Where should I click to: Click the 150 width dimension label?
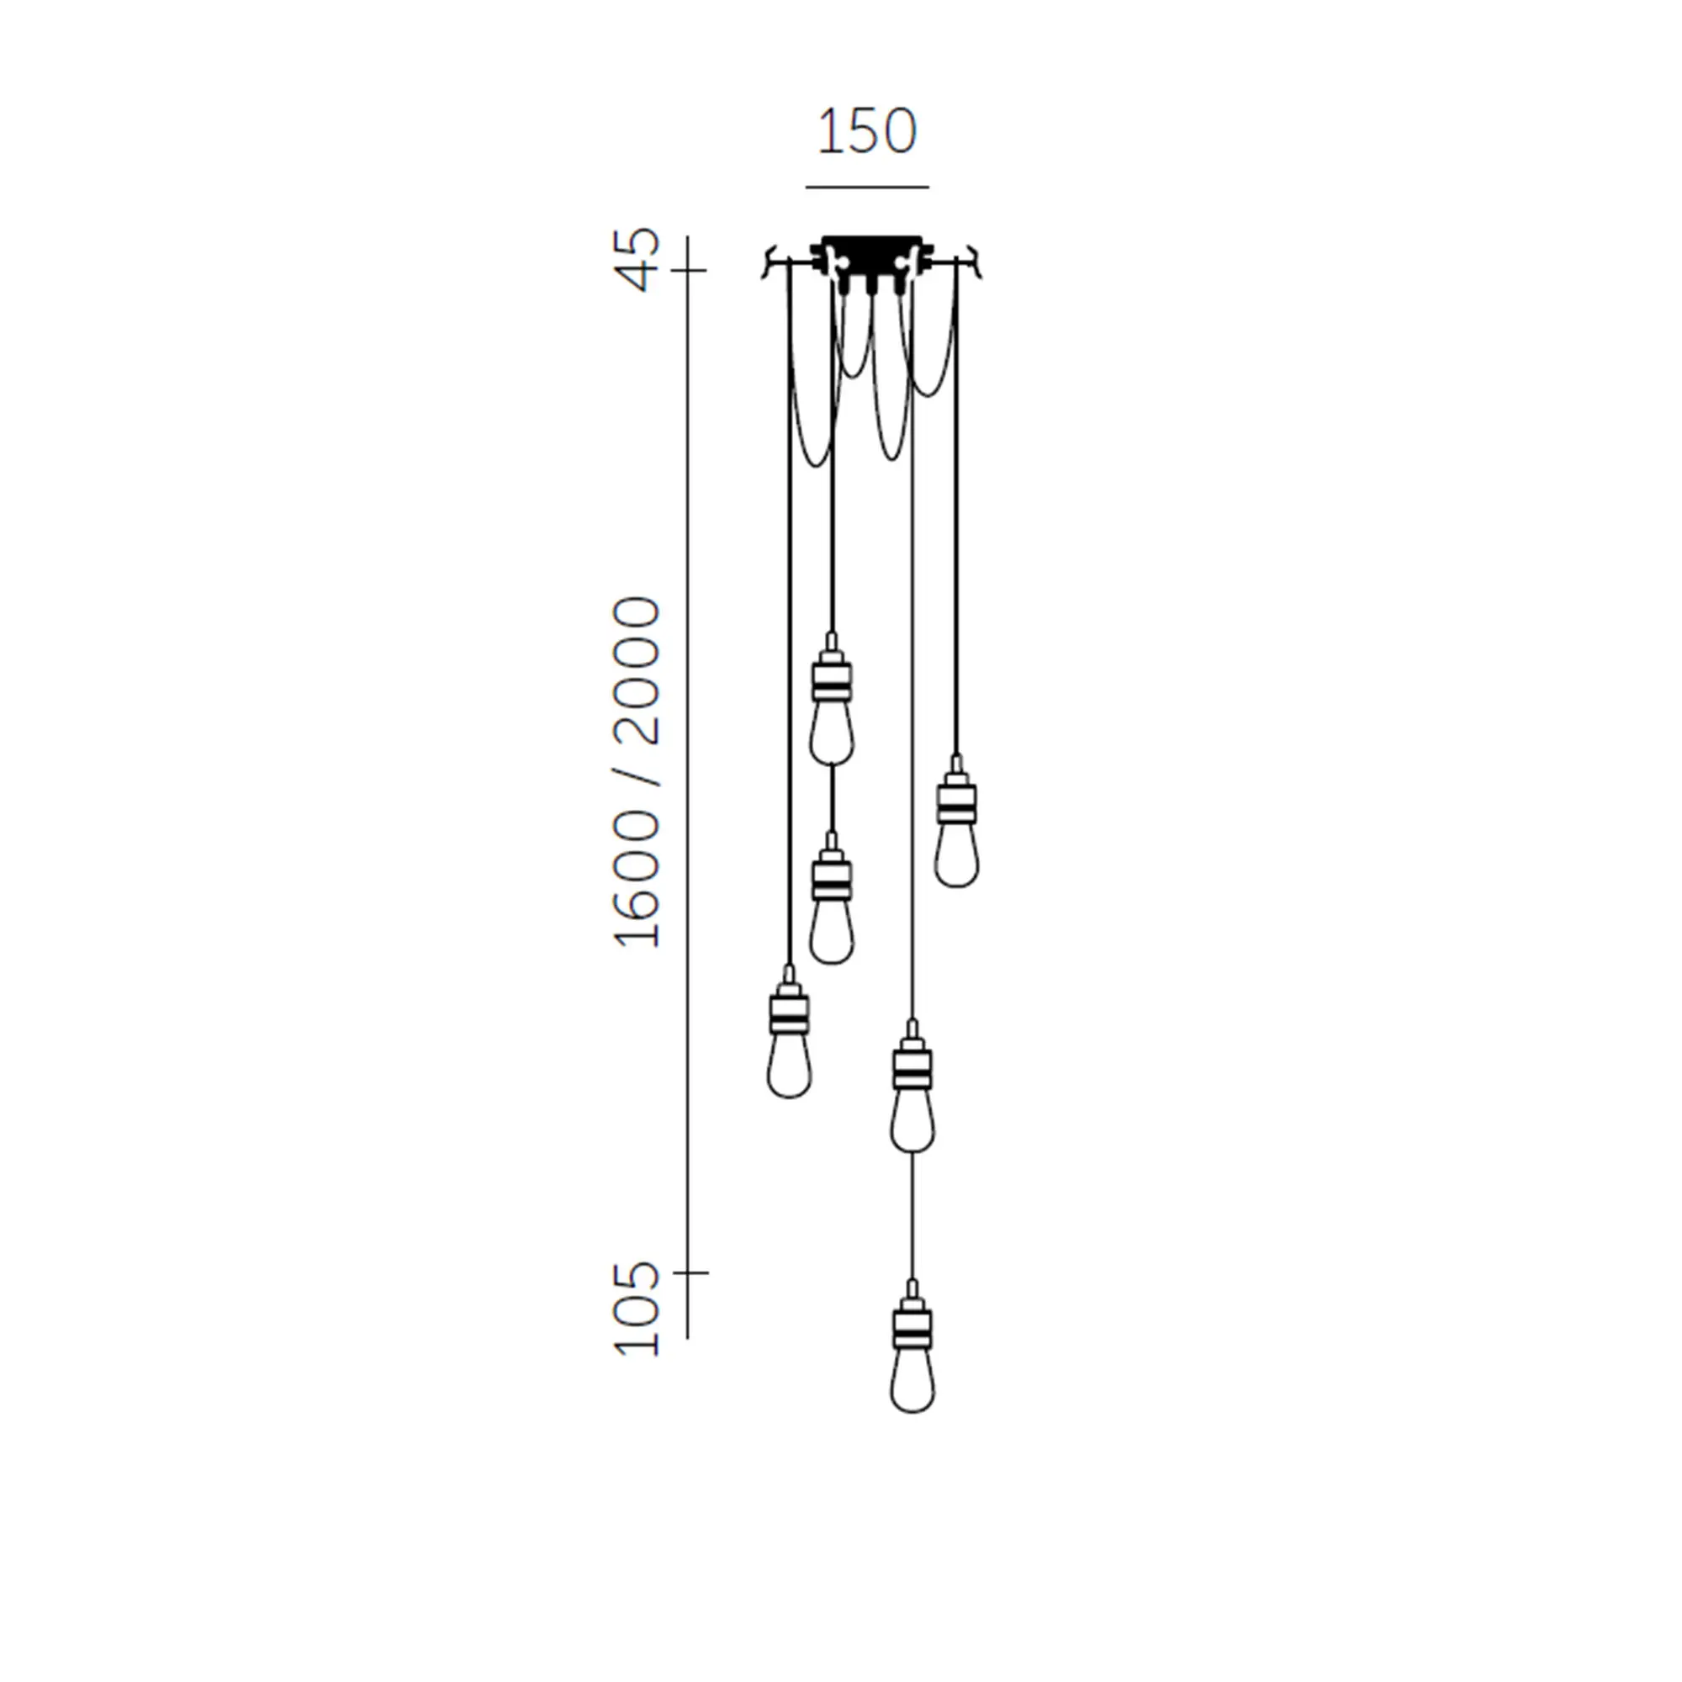(x=866, y=131)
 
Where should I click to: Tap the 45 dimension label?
(x=638, y=258)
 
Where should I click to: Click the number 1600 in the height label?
(x=638, y=879)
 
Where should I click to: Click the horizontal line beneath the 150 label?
(x=867, y=187)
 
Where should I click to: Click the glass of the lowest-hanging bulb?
(x=912, y=1380)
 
